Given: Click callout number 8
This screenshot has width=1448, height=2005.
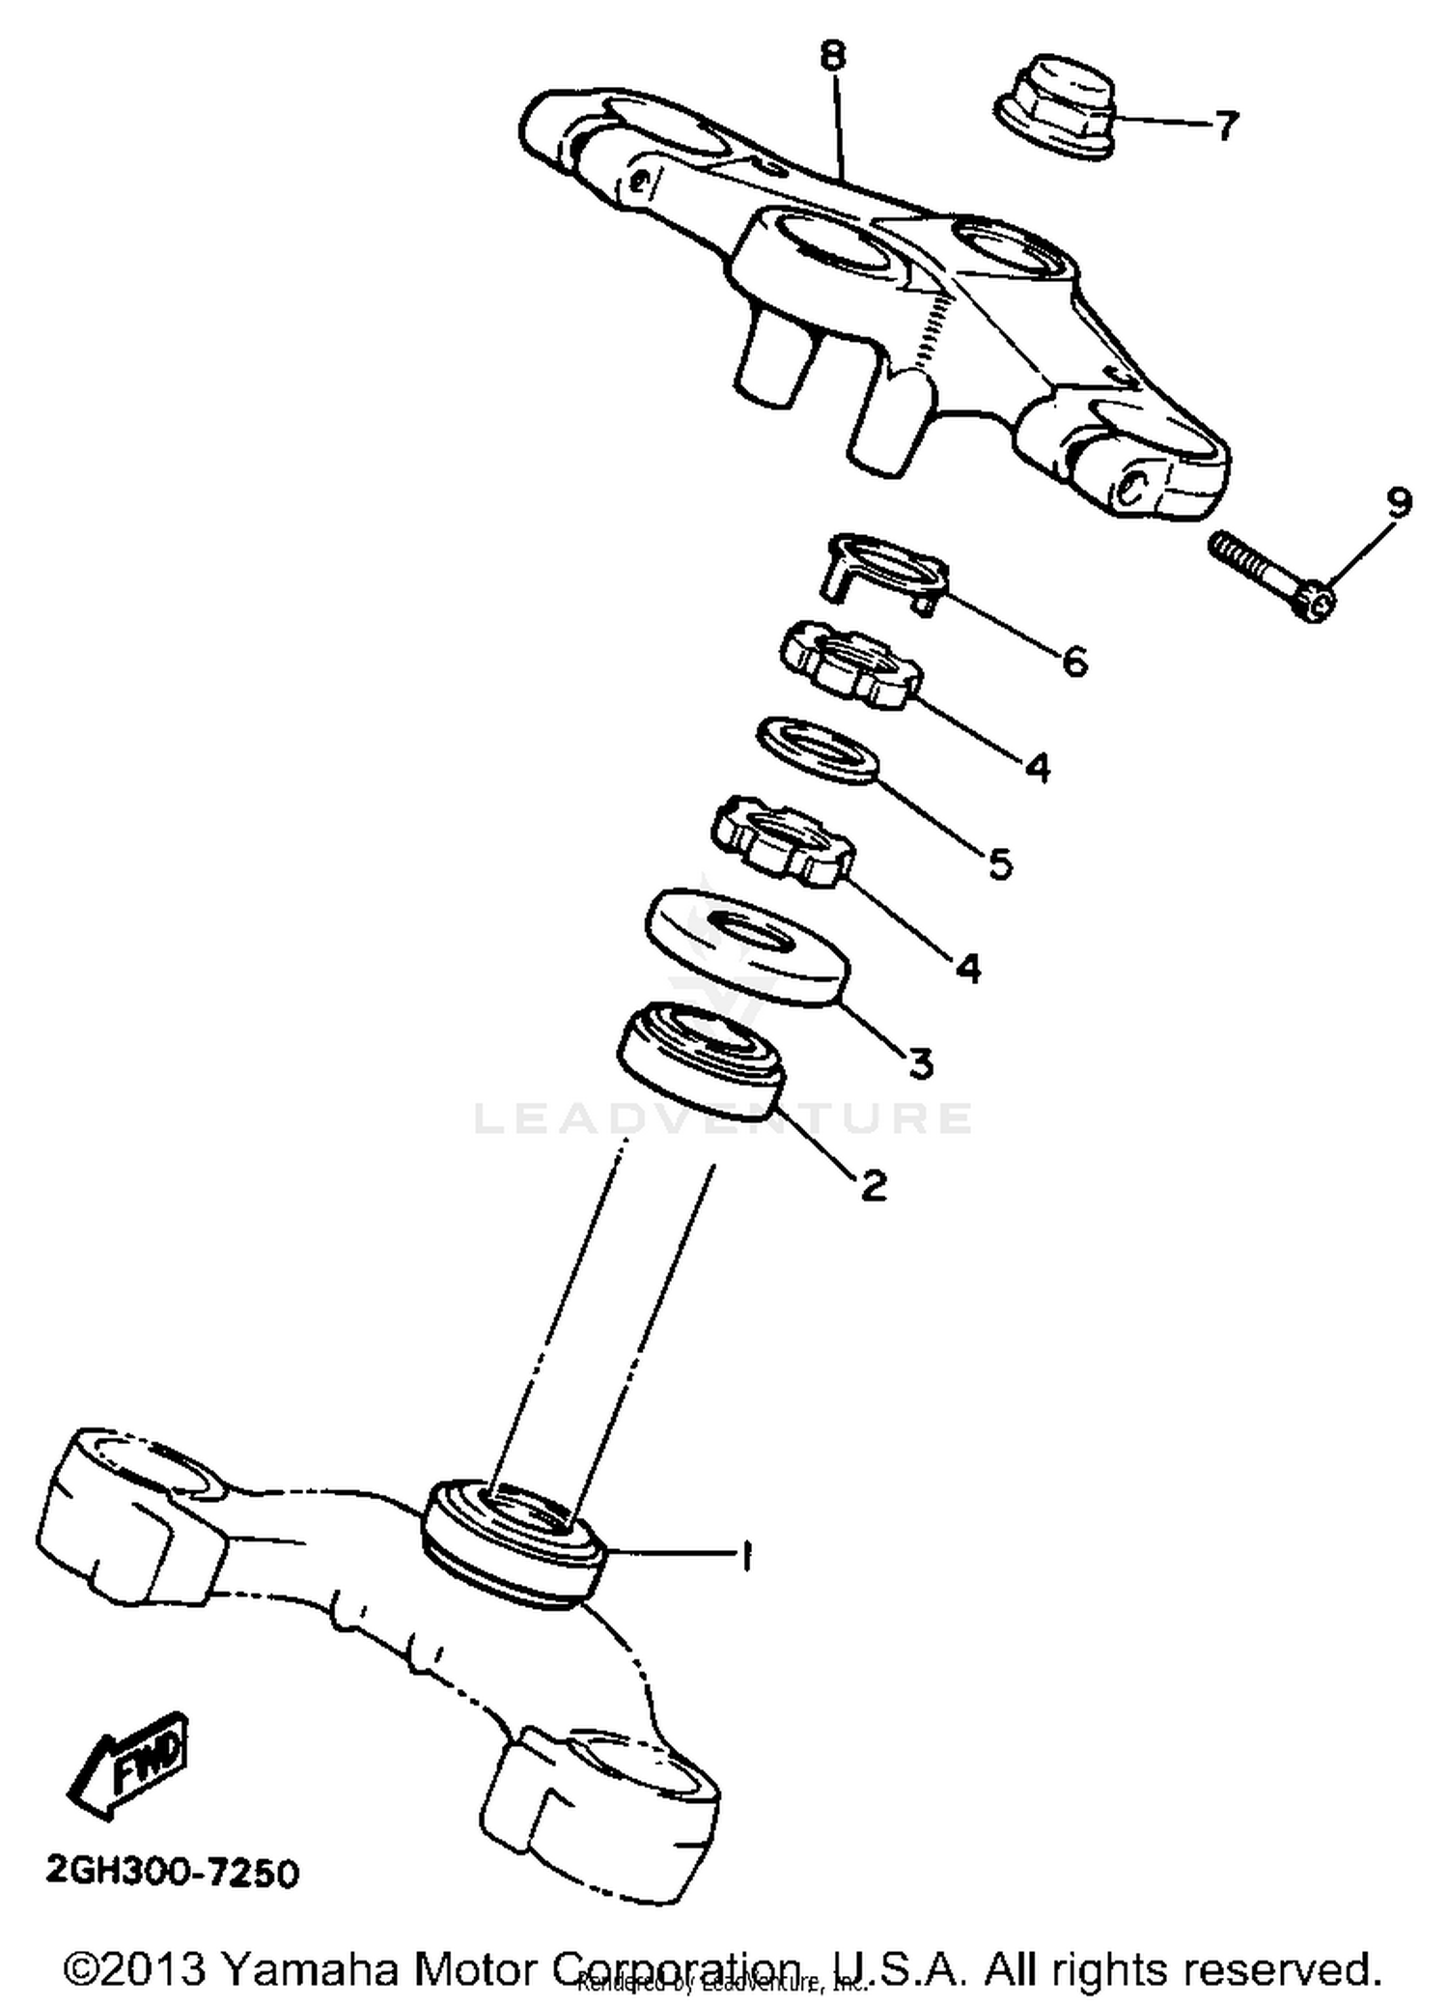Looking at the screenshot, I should click(833, 58).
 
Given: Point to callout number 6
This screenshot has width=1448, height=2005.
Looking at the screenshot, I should click(1074, 662).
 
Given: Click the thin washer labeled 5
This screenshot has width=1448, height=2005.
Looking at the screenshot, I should click(817, 750).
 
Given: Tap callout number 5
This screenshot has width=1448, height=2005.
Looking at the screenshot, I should click(1001, 863).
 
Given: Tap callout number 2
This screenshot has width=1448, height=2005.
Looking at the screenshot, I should click(873, 1183).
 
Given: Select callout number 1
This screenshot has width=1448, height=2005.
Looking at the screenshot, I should click(744, 1555).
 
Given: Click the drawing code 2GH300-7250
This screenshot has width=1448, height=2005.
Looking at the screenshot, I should click(172, 1873).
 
